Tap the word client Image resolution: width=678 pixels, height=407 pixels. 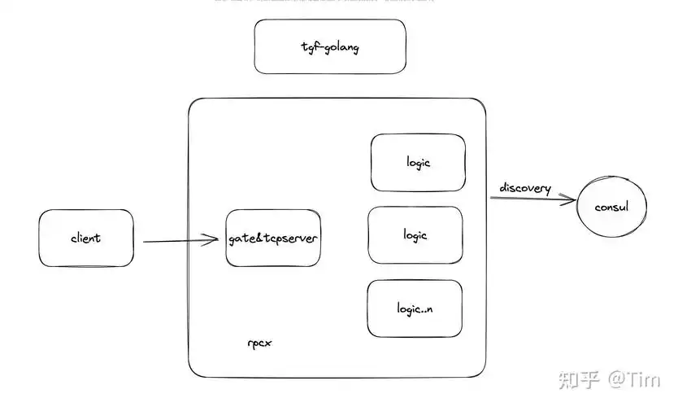pyautogui.click(x=85, y=238)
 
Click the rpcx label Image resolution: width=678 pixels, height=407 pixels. pyautogui.click(x=259, y=342)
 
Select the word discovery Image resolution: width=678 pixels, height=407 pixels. pyautogui.click(x=525, y=189)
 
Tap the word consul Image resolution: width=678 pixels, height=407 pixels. pyautogui.click(x=614, y=207)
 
